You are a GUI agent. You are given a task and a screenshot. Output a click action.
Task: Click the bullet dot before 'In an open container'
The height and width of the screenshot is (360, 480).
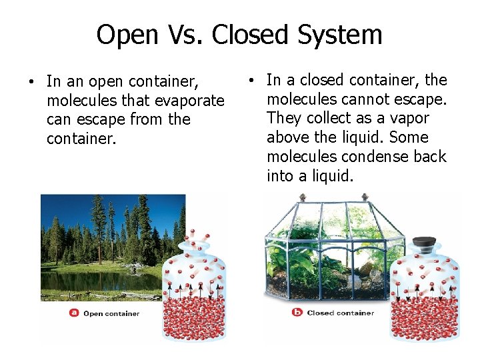tap(31, 83)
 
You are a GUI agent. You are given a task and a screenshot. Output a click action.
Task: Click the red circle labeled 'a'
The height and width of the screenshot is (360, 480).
tap(74, 313)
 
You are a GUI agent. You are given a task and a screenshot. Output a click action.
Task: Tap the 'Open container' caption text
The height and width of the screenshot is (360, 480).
tap(111, 313)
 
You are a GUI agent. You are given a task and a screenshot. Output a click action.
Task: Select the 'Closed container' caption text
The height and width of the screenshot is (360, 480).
tap(340, 313)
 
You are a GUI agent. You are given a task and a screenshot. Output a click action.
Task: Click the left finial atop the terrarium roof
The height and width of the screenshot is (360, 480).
tap(302, 197)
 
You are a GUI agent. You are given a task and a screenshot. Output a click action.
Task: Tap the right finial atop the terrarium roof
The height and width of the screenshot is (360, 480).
tap(365, 197)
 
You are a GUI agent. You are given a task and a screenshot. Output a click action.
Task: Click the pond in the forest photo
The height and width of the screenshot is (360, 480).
tap(93, 279)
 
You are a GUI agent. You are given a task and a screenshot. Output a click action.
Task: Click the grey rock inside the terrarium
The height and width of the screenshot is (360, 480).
tap(366, 269)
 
